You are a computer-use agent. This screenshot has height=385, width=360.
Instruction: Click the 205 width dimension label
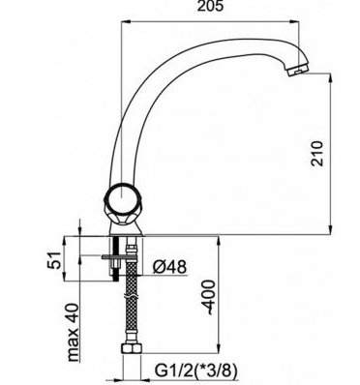pyautogui.click(x=210, y=7)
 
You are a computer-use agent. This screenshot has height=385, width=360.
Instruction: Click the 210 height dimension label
pyautogui.click(x=316, y=153)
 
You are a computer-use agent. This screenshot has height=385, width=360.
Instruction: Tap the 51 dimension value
pyautogui.click(x=54, y=259)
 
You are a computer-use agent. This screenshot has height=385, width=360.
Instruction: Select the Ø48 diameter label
pyautogui.click(x=169, y=267)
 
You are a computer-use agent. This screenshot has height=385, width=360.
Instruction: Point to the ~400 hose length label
pyautogui.click(x=208, y=297)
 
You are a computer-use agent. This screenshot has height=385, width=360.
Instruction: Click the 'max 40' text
pyautogui.click(x=73, y=332)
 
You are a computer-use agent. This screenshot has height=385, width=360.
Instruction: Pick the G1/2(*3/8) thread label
pyautogui.click(x=196, y=370)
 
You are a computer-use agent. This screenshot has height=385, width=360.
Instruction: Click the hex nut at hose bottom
pyautogui.click(x=132, y=349)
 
